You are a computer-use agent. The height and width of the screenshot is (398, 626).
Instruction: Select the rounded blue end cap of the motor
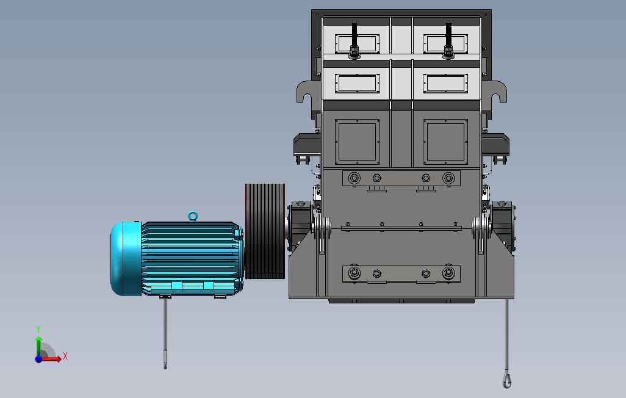point(125,259)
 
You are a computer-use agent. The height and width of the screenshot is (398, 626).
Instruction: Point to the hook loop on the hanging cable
point(506,379)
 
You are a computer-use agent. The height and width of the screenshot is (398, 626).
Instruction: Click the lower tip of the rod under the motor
point(165,368)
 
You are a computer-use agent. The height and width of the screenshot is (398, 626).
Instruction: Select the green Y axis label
point(38,329)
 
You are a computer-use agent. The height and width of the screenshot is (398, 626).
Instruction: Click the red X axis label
point(65,356)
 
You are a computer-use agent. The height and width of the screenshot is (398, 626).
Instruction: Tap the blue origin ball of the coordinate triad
point(38,360)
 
